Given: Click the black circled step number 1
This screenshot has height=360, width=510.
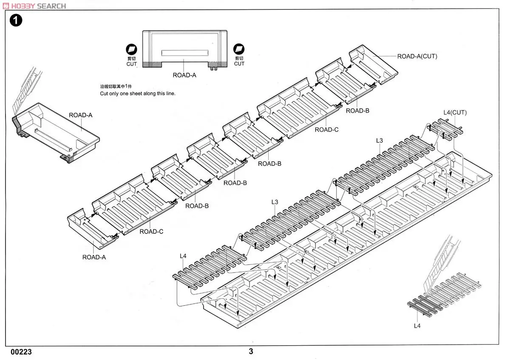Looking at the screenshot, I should pyautogui.click(x=16, y=20).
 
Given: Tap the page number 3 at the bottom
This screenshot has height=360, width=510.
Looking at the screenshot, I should pyautogui.click(x=251, y=351).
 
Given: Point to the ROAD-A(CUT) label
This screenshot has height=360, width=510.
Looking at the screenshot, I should pyautogui.click(x=417, y=56).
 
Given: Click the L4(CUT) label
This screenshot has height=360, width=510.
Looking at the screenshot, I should pyautogui.click(x=455, y=113).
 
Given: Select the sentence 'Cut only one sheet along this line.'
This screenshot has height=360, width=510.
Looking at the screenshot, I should pyautogui.click(x=137, y=93).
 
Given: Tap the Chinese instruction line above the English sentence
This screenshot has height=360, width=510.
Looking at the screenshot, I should pyautogui.click(x=116, y=86).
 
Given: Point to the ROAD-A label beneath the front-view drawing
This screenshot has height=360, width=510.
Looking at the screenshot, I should pyautogui.click(x=184, y=75).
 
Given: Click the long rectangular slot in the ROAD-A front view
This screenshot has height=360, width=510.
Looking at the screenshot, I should pyautogui.click(x=185, y=53).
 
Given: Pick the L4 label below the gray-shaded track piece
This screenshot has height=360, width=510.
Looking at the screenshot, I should pyautogui.click(x=416, y=326).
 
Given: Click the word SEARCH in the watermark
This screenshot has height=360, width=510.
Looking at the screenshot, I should pyautogui.click(x=51, y=6).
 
